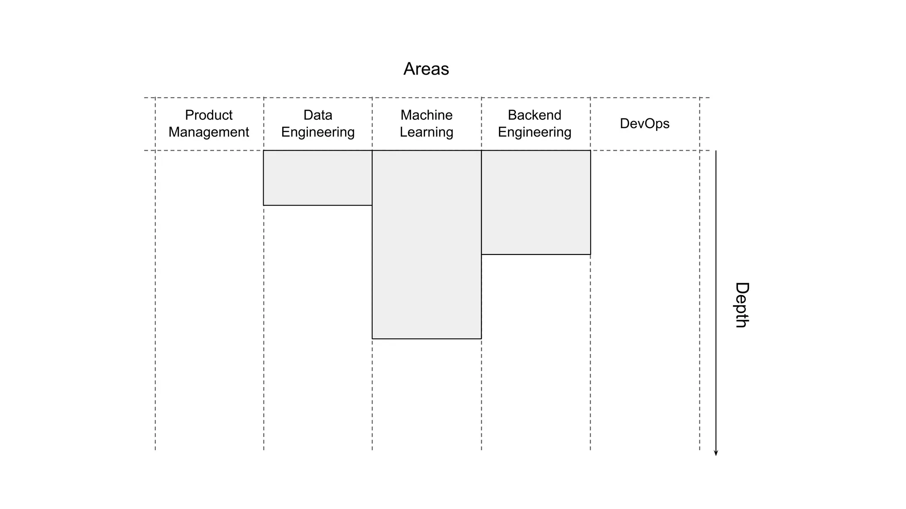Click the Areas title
(426, 69)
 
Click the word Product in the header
(208, 115)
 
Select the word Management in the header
(208, 132)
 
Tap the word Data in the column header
(318, 115)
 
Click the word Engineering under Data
(318, 132)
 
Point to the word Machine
(426, 115)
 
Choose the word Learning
(426, 132)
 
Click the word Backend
(534, 115)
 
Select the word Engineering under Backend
(534, 132)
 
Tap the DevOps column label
(645, 123)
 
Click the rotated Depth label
(741, 305)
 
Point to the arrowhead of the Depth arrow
(716, 453)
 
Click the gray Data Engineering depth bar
(318, 178)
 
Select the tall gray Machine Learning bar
(426, 244)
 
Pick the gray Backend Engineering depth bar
(536, 202)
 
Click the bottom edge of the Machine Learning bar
(426, 339)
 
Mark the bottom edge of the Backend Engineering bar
(536, 254)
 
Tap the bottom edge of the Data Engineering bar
(318, 205)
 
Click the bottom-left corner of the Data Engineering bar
(264, 205)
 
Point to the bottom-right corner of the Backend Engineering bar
(590, 254)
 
